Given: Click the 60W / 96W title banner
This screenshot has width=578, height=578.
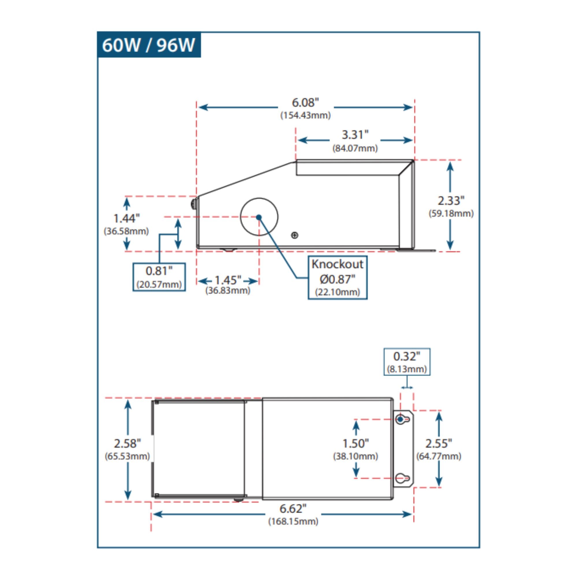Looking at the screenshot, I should click(x=149, y=45).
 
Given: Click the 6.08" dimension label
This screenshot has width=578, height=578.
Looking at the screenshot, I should click(x=305, y=103).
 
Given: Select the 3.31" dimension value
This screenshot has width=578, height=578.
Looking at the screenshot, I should click(x=355, y=135).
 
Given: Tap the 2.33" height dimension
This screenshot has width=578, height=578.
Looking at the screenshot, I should click(x=451, y=201).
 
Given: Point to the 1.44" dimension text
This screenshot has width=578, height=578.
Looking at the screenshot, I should click(x=126, y=219).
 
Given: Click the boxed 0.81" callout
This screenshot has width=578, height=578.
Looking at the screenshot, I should click(x=159, y=277).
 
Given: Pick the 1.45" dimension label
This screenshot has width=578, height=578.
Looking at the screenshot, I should click(x=228, y=280).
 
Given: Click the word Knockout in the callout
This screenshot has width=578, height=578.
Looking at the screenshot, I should click(x=337, y=264).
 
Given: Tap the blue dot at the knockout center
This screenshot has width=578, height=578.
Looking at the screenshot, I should click(x=259, y=217).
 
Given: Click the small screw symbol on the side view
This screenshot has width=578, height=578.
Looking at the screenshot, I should click(x=294, y=236).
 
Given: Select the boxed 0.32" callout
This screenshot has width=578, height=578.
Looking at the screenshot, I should click(x=407, y=362).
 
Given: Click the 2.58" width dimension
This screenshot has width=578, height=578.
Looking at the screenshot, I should click(x=127, y=444).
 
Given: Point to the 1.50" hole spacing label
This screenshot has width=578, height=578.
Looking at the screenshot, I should click(x=355, y=443).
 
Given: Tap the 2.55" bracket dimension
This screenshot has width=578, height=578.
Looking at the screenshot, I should click(x=439, y=443).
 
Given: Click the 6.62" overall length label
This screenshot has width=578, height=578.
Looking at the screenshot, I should click(x=293, y=509).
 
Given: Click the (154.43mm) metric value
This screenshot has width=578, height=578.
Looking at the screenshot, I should click(x=305, y=116).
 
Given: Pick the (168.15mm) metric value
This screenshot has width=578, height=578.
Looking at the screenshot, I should click(x=293, y=521).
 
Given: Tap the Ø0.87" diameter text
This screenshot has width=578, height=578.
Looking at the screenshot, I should click(x=337, y=279).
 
